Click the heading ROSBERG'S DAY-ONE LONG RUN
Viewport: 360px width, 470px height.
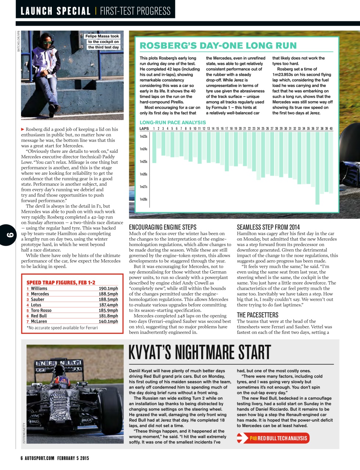(218, 46)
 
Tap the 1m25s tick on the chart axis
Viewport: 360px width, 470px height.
(143, 162)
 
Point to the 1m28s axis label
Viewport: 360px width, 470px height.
(143, 199)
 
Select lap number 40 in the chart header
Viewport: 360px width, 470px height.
(331, 129)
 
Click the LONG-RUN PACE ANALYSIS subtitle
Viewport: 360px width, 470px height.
(173, 122)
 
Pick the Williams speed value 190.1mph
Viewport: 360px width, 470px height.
(108, 289)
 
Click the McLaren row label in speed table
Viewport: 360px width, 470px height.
(39, 321)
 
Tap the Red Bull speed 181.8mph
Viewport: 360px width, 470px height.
(108, 316)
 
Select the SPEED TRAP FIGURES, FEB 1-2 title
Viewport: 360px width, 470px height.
(61, 282)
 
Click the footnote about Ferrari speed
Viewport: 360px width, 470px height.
(62, 328)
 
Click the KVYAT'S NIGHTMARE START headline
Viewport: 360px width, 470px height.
(200, 352)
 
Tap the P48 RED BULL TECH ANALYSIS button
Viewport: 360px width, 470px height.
(274, 438)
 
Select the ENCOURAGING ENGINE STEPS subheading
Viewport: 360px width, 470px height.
(163, 227)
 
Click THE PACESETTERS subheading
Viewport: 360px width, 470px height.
(258, 315)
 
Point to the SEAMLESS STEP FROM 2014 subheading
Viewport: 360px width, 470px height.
(268, 227)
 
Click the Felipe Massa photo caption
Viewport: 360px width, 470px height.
(102, 41)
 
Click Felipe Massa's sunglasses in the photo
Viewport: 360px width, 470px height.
(47, 43)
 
